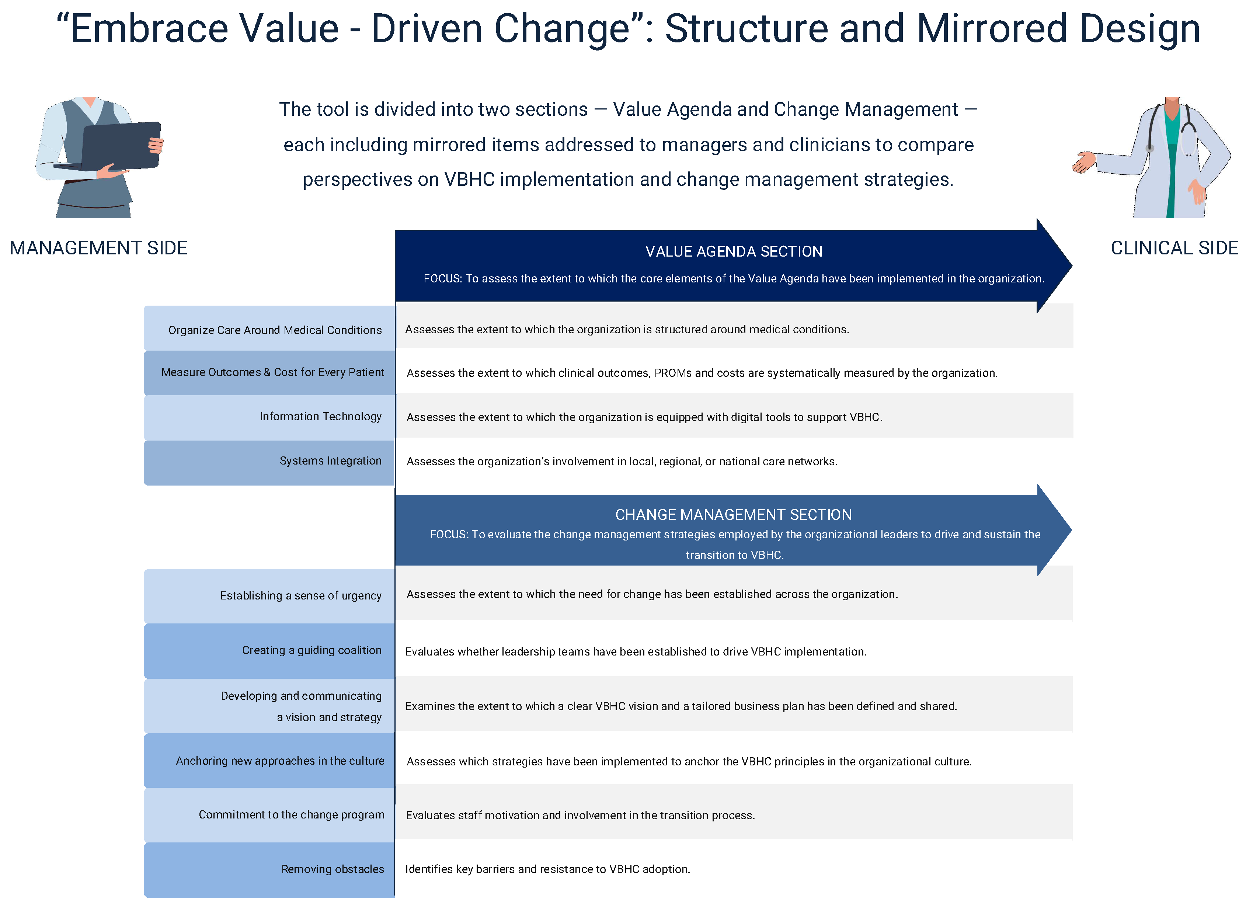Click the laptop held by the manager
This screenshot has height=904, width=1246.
point(121,146)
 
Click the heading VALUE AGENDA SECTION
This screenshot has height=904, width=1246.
point(734,252)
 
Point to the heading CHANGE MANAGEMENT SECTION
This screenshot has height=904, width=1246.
point(734,515)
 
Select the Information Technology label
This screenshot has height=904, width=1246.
point(320,417)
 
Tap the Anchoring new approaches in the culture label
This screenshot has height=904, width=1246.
point(280,761)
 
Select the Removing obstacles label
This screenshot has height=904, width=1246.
point(333,869)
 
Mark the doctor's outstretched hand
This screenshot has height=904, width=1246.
point(1083,162)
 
